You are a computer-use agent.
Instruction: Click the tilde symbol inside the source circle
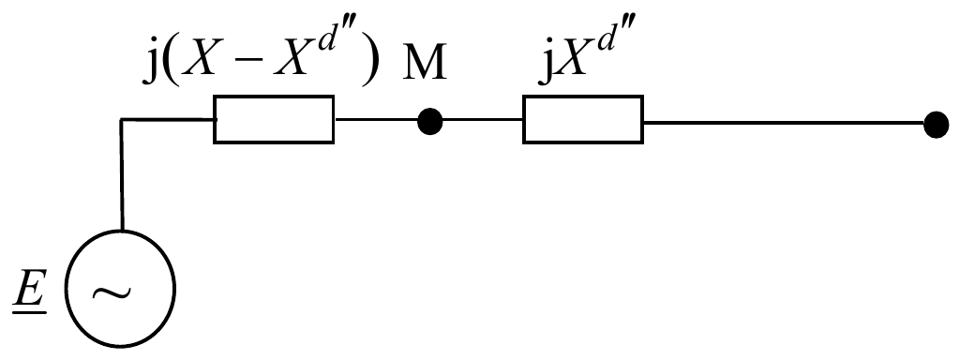pos(112,293)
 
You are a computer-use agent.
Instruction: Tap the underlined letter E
pos(30,291)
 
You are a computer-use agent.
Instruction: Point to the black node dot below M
pos(429,121)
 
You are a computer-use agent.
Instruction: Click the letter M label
pos(426,63)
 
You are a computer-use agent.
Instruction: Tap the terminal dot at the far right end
pos(936,125)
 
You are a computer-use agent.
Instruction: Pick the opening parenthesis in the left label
pos(172,64)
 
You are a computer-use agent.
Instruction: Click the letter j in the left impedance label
pos(151,64)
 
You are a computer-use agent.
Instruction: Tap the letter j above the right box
pos(547,64)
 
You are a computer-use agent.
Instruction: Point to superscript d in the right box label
pos(606,37)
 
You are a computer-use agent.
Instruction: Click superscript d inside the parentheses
pos(330,37)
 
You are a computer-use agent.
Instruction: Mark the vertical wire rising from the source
pos(121,174)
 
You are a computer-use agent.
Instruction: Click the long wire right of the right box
pos(784,123)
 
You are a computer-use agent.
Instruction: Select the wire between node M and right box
pos(483,120)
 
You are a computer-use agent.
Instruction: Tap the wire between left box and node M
pos(376,119)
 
